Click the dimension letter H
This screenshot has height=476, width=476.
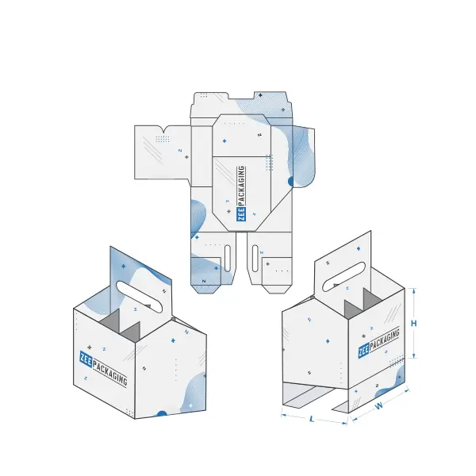(x=413, y=324)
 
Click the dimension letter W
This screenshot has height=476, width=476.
(x=379, y=405)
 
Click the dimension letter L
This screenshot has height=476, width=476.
(x=312, y=419)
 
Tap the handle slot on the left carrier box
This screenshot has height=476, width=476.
(x=140, y=297)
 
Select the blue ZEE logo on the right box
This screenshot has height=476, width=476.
(x=363, y=351)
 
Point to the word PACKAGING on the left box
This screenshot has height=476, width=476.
(x=109, y=373)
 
